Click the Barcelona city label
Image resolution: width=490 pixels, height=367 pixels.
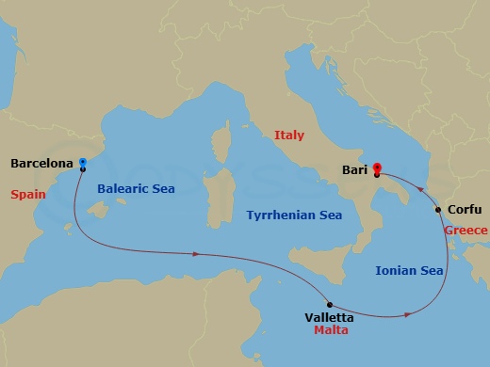[x=41, y=163]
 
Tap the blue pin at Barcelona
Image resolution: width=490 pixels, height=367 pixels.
[x=83, y=162]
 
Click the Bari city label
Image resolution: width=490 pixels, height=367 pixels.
[x=354, y=171]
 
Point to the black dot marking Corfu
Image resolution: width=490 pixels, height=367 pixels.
[x=438, y=209]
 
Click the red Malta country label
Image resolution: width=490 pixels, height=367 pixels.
[x=332, y=331]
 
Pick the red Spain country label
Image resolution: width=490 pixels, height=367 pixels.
[x=28, y=195]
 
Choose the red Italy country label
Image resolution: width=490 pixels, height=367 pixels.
[x=289, y=136]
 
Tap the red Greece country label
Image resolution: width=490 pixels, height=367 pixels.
[x=466, y=231]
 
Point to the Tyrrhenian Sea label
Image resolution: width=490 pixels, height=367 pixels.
[x=293, y=215]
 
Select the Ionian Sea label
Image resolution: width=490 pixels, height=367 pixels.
[x=409, y=270]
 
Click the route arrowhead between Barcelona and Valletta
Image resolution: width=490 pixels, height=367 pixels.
[x=196, y=254]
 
